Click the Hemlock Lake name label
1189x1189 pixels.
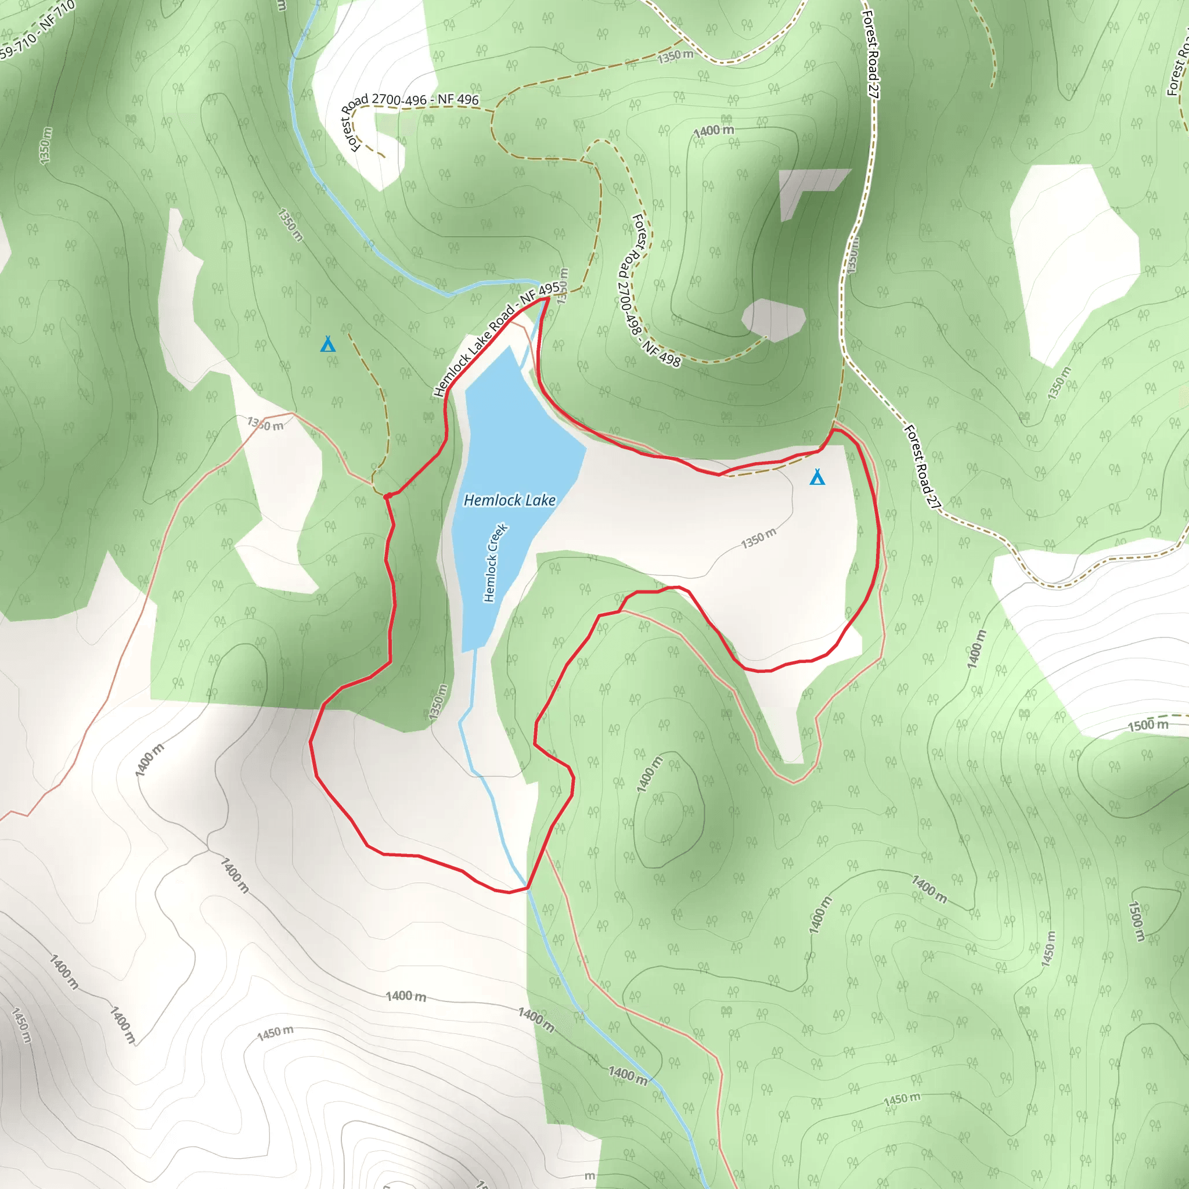pyautogui.click(x=510, y=500)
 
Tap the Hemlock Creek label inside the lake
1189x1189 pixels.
pyautogui.click(x=495, y=563)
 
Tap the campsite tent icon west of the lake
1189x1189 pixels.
pyautogui.click(x=328, y=345)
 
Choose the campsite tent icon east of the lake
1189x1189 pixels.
pyautogui.click(x=817, y=477)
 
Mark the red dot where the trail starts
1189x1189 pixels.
pyautogui.click(x=388, y=496)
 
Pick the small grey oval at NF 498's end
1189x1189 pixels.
pyautogui.click(x=773, y=319)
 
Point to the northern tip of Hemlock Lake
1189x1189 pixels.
pyautogui.click(x=510, y=348)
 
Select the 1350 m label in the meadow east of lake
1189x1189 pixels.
pyautogui.click(x=758, y=539)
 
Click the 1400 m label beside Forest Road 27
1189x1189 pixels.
pyautogui.click(x=976, y=648)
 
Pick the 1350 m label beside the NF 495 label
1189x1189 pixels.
pyautogui.click(x=563, y=286)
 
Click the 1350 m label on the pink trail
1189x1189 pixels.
pyautogui.click(x=265, y=423)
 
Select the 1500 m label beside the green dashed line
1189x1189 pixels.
pyautogui.click(x=1148, y=725)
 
